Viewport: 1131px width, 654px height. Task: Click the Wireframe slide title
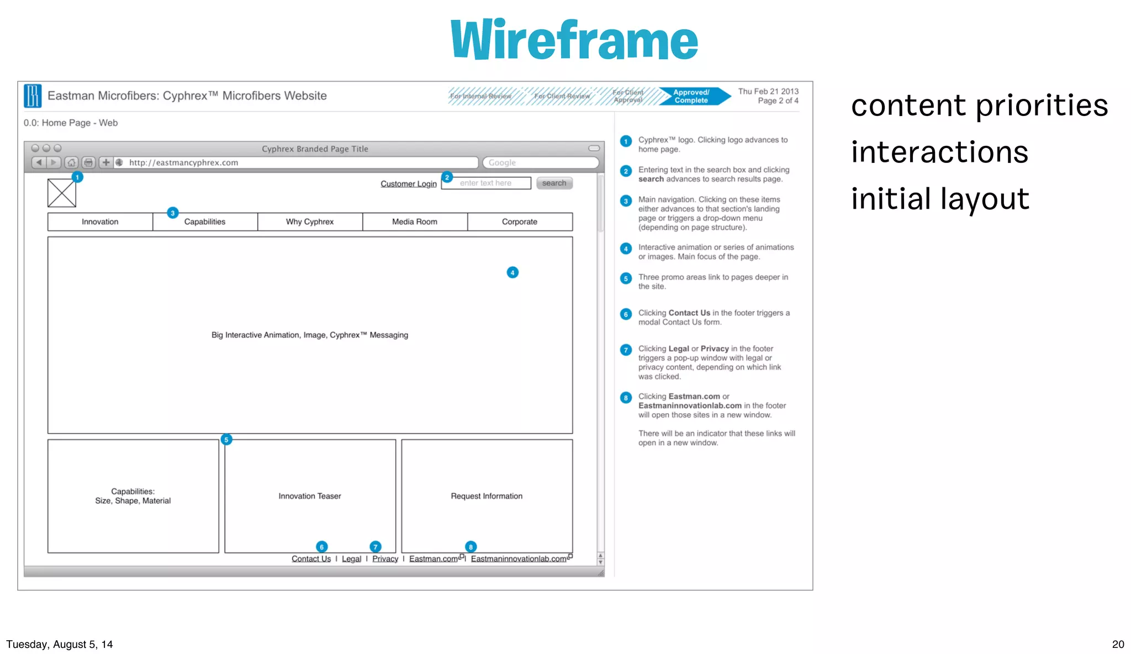pyautogui.click(x=574, y=40)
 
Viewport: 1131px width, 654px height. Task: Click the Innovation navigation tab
pyautogui.click(x=100, y=221)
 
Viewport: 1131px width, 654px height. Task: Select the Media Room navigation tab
pyautogui.click(x=415, y=221)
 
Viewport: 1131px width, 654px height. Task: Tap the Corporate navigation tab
pyautogui.click(x=520, y=221)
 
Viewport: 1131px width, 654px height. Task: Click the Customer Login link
pyautogui.click(x=408, y=183)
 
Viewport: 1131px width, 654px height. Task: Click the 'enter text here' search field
pyautogui.click(x=486, y=183)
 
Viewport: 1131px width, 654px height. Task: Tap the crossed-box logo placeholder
pyautogui.click(x=62, y=193)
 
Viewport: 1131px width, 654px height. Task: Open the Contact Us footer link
pyautogui.click(x=311, y=559)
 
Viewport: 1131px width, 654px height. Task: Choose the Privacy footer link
pyautogui.click(x=385, y=559)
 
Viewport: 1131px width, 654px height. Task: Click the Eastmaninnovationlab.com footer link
pyautogui.click(x=519, y=559)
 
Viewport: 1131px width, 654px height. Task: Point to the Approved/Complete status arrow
pyautogui.click(x=693, y=96)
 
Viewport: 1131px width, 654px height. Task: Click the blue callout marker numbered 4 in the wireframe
pyautogui.click(x=512, y=272)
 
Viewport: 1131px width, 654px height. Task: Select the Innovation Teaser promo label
pyautogui.click(x=310, y=496)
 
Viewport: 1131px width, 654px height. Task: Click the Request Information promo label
pyautogui.click(x=487, y=496)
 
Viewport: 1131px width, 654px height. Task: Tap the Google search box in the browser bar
pyautogui.click(x=540, y=162)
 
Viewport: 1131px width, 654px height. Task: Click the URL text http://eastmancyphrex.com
pyautogui.click(x=184, y=162)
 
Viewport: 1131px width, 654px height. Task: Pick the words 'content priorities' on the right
pyautogui.click(x=979, y=105)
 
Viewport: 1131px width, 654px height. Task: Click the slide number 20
pyautogui.click(x=1118, y=644)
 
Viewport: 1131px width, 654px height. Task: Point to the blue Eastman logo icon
pyautogui.click(x=33, y=96)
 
